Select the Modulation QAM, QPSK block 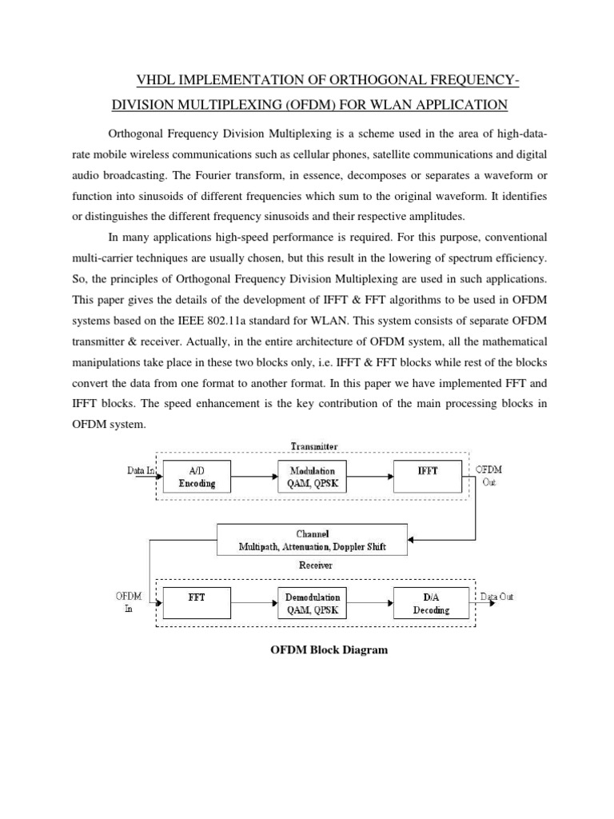pos(312,477)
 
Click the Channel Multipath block pos(313,540)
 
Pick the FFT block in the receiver pos(196,603)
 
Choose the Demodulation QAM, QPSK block pos(313,603)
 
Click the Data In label pos(141,470)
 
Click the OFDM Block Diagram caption pos(329,649)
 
